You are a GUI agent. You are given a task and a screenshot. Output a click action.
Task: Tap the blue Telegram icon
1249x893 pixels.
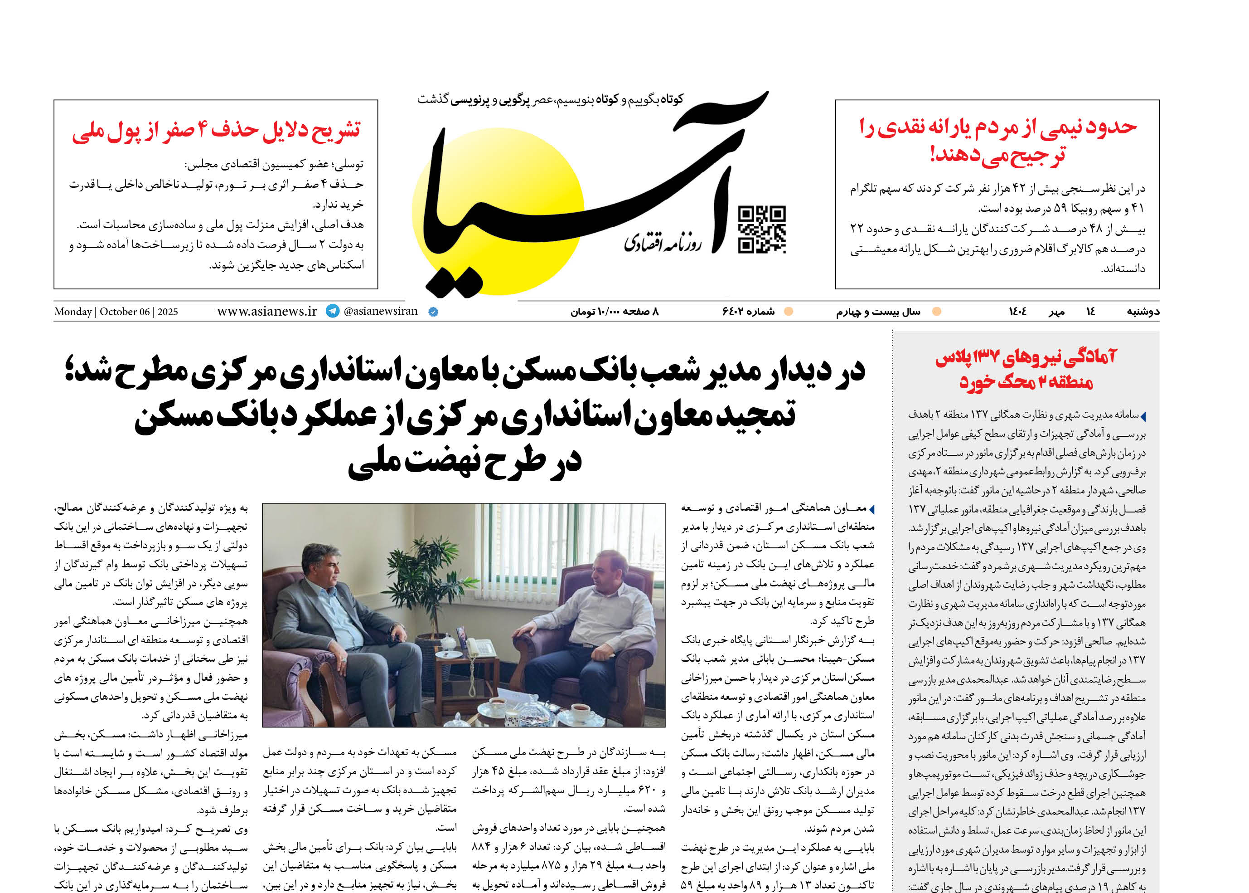(x=333, y=311)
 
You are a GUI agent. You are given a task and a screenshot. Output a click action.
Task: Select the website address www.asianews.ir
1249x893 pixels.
(x=267, y=311)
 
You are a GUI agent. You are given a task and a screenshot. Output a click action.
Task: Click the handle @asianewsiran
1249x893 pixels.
(x=380, y=311)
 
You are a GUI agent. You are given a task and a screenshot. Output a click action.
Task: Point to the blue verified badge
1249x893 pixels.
(x=433, y=312)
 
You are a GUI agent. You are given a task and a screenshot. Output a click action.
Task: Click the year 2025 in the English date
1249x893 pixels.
(x=168, y=312)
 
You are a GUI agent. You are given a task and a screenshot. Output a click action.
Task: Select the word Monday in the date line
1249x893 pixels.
(x=73, y=312)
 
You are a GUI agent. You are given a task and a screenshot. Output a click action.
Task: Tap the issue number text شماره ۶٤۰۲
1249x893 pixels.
(x=748, y=312)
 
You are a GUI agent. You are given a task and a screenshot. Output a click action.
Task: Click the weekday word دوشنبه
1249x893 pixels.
(x=1143, y=312)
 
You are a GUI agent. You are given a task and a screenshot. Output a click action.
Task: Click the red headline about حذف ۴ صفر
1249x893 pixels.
(x=216, y=130)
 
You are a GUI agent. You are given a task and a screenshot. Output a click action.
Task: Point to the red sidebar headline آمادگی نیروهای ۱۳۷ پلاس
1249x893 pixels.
(x=1026, y=369)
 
